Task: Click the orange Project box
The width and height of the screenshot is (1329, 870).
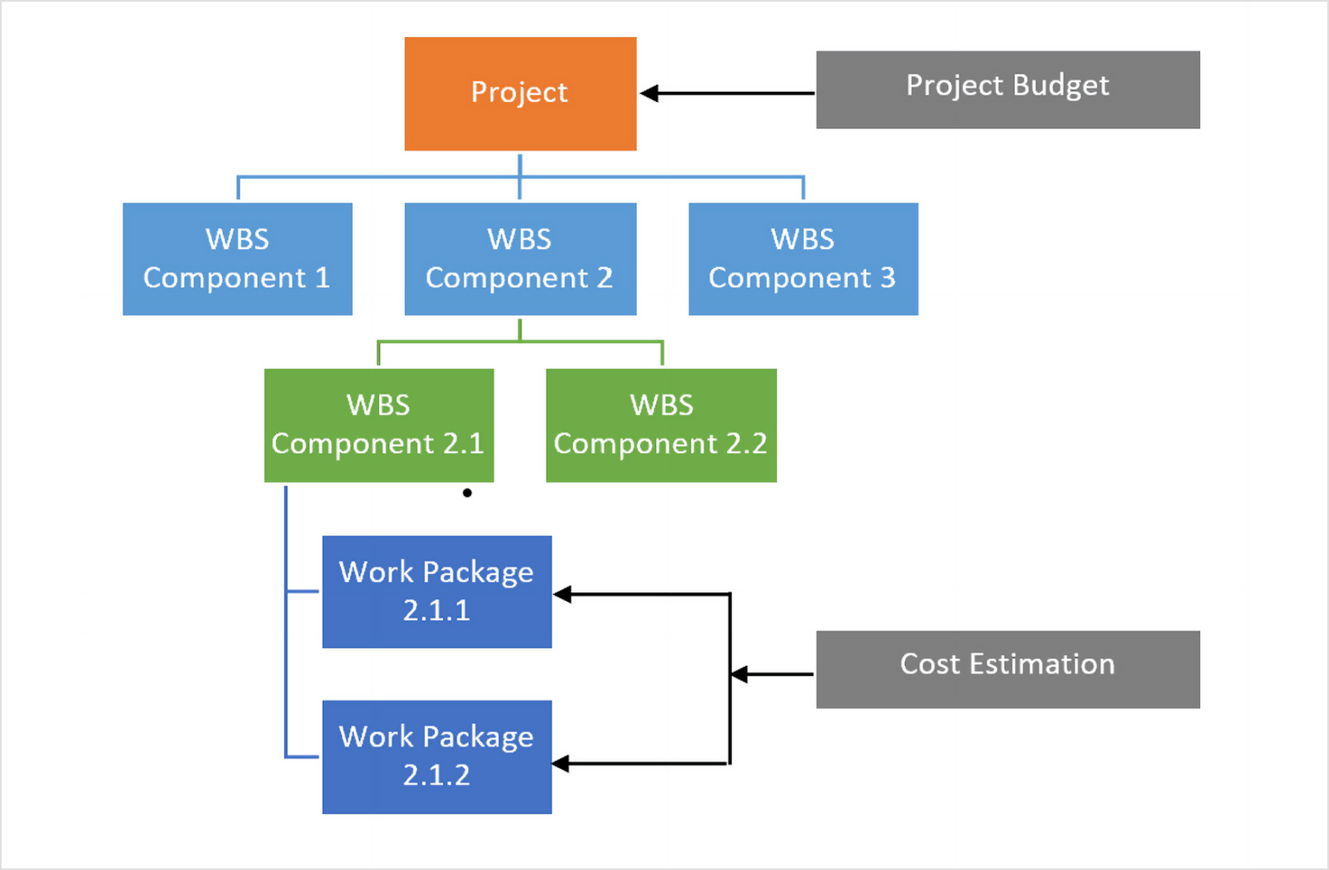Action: (520, 93)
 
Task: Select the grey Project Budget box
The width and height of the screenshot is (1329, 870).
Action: (1007, 89)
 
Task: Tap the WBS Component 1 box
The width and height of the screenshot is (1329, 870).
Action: (237, 259)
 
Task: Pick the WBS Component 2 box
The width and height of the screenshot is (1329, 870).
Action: (520, 259)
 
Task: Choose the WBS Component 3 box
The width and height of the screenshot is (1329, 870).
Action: (803, 259)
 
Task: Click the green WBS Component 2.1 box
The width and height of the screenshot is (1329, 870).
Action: (378, 425)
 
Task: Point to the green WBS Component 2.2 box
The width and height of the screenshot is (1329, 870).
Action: (661, 425)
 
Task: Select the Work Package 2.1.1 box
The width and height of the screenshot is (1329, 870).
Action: (437, 592)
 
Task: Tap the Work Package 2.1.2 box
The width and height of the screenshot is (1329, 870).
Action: (437, 757)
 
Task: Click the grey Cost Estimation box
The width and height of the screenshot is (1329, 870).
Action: (1007, 668)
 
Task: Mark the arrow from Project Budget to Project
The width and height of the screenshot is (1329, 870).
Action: (727, 93)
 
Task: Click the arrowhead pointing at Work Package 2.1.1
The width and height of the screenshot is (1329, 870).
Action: (562, 594)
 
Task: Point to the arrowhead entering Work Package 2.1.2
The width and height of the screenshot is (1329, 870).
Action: (562, 764)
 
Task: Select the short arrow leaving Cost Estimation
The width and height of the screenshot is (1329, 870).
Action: (772, 674)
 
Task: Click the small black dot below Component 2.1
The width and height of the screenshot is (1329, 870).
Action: (467, 493)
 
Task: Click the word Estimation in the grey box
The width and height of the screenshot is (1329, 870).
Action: (1042, 664)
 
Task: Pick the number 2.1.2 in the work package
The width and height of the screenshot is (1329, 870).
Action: (437, 775)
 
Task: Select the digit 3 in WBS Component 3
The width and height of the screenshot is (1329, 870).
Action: (888, 278)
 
